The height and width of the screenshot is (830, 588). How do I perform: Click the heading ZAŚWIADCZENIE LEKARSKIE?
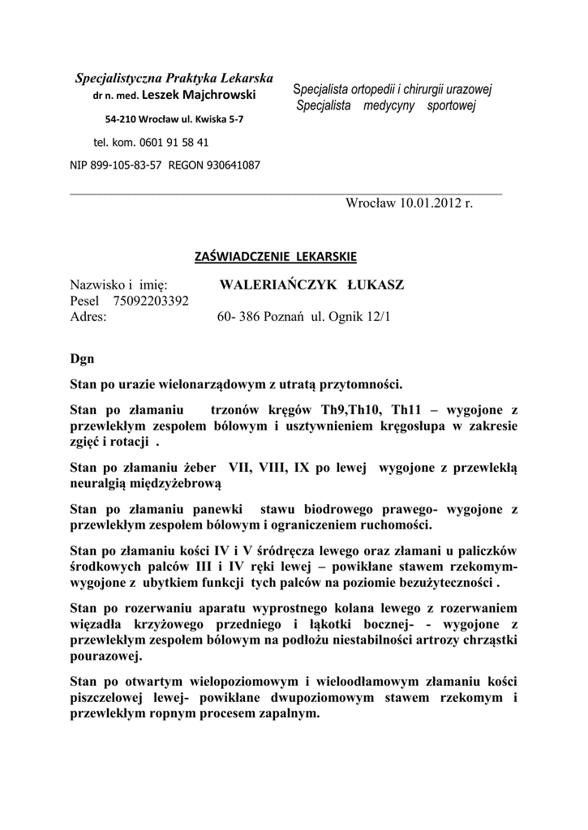276,257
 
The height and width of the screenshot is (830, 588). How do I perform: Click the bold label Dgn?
83,357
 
